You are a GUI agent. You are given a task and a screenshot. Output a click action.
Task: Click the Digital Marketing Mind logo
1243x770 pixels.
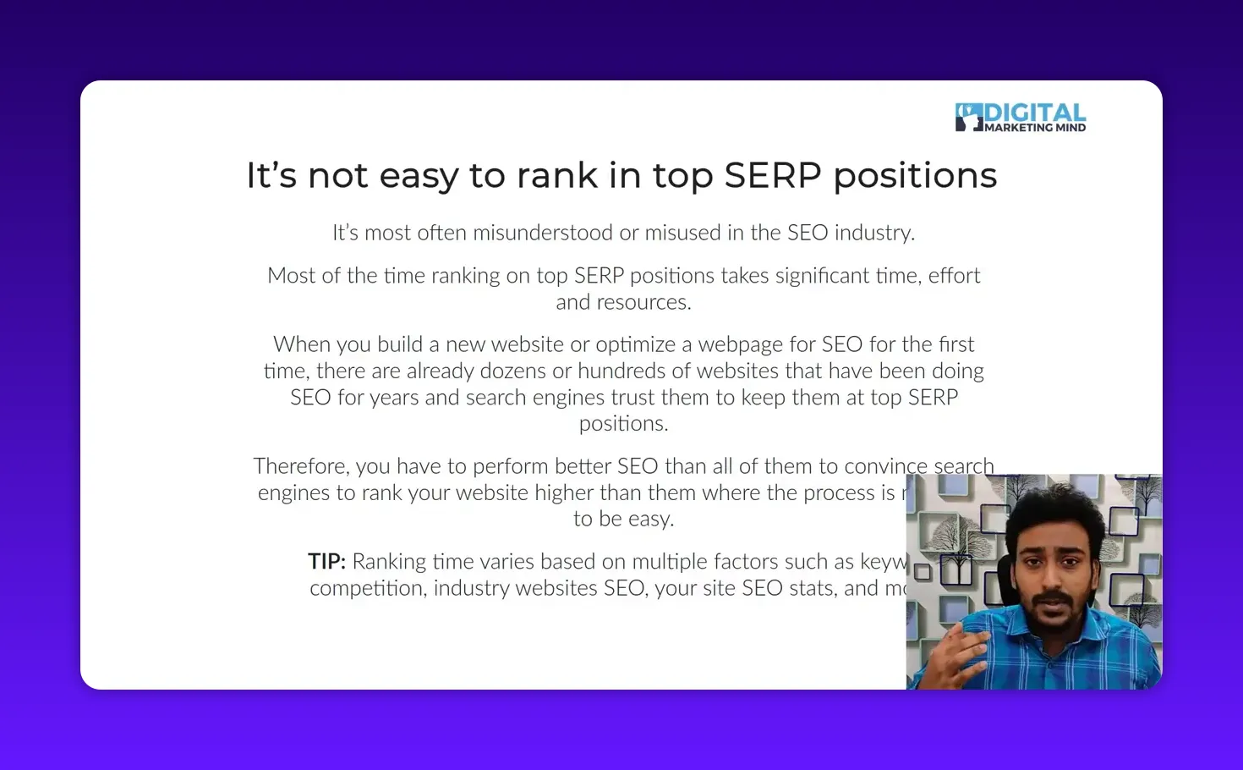pyautogui.click(x=1020, y=118)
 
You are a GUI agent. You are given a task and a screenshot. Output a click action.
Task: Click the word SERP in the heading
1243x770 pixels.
pyautogui.click(x=773, y=176)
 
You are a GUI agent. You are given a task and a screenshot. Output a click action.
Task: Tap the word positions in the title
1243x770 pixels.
pyautogui.click(x=915, y=176)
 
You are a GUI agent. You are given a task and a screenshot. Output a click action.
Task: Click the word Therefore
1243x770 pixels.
pyautogui.click(x=300, y=466)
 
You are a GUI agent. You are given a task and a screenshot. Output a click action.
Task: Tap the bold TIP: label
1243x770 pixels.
pyautogui.click(x=326, y=562)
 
